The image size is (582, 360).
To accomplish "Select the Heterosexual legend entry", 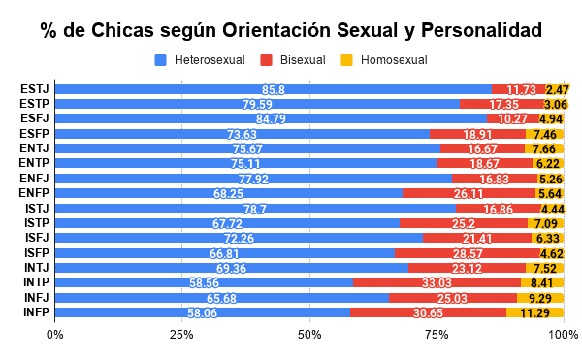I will [x=202, y=60].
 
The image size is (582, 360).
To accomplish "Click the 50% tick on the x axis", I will [x=309, y=334].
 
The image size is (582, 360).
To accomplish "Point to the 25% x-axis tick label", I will [x=182, y=334].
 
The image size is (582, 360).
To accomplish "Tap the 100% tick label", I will [x=563, y=334].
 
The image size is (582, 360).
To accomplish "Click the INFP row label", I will [x=36, y=312].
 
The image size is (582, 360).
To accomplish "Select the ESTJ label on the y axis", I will [x=36, y=89].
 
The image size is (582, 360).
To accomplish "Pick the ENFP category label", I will [x=36, y=193].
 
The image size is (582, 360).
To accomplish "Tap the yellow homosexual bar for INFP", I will [x=534, y=312].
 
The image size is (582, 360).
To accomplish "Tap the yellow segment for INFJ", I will [x=540, y=297].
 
